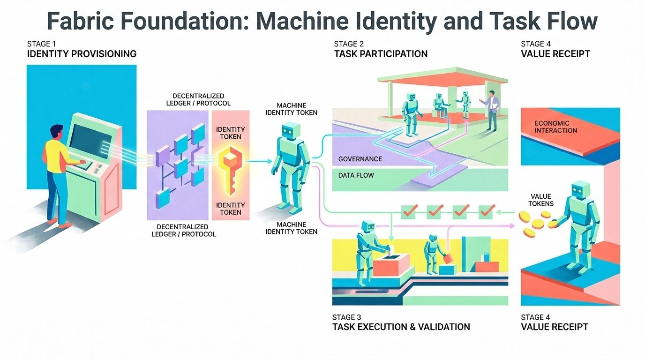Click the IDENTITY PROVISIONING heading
click(x=82, y=54)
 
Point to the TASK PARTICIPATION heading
click(x=381, y=54)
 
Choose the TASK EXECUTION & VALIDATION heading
click(x=401, y=327)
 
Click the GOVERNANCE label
click(x=360, y=159)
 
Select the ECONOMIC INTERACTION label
click(x=556, y=127)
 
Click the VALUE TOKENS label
click(x=541, y=200)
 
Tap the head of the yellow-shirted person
click(x=56, y=132)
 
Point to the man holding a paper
click(x=491, y=110)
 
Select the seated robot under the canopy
click(x=439, y=105)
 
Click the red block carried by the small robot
click(x=449, y=259)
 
